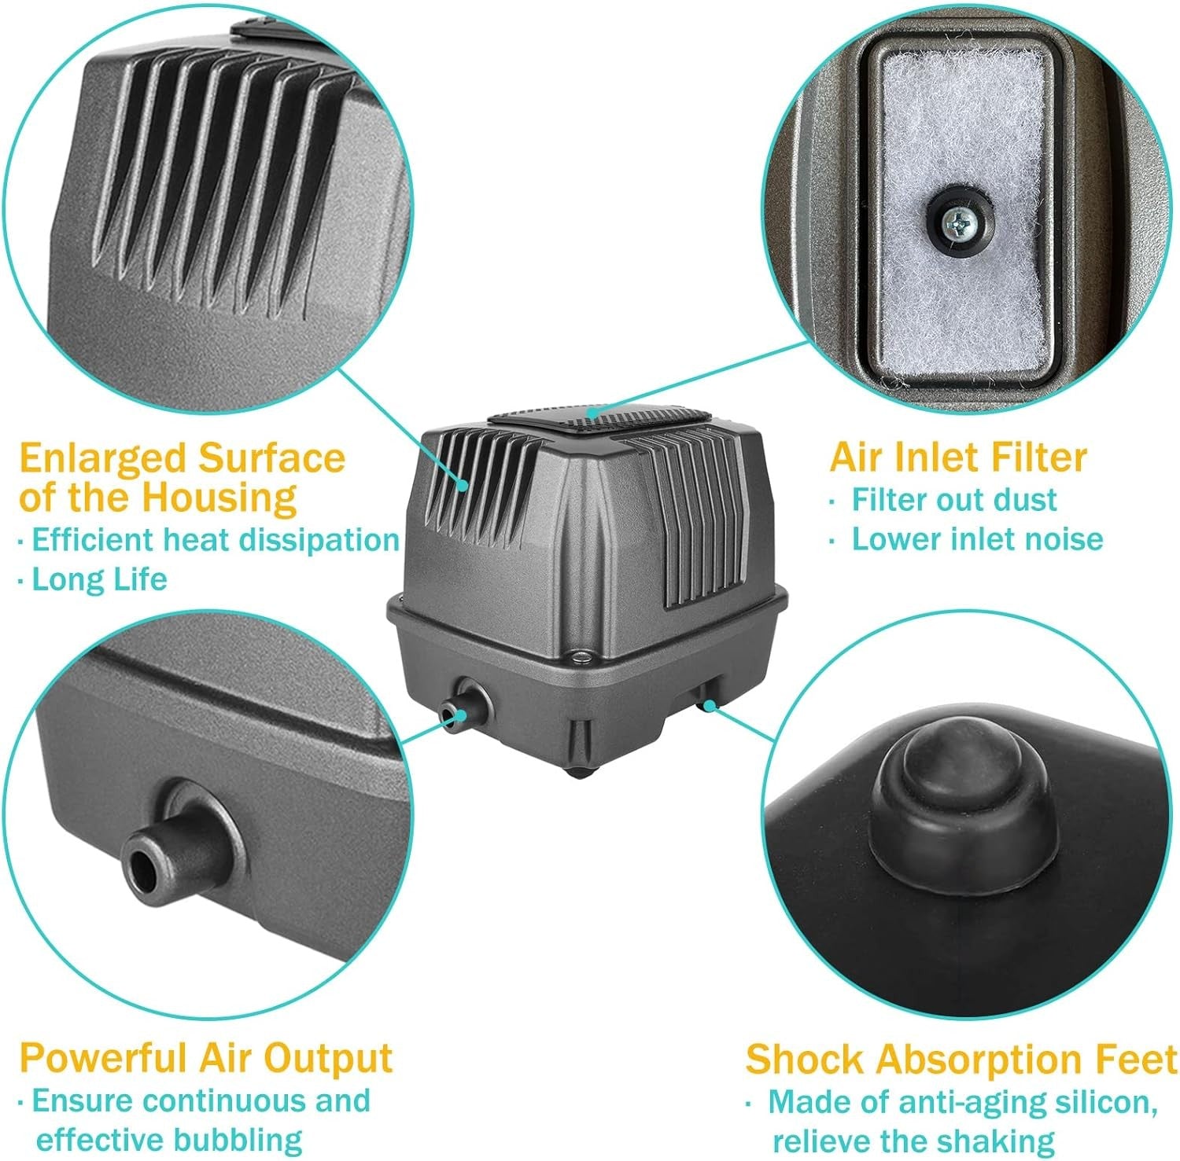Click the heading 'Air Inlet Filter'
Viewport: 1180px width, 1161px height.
click(x=958, y=457)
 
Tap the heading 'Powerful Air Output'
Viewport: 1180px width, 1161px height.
click(x=205, y=1057)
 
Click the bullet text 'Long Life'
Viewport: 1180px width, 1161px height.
click(x=99, y=579)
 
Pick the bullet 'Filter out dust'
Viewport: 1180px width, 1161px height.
click(x=954, y=500)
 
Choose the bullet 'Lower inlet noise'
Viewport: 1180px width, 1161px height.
click(x=978, y=539)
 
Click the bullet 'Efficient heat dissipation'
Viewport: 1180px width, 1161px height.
click(x=216, y=540)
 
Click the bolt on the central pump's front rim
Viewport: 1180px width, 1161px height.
click(x=581, y=655)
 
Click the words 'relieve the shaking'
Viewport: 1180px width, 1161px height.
click(x=913, y=1141)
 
